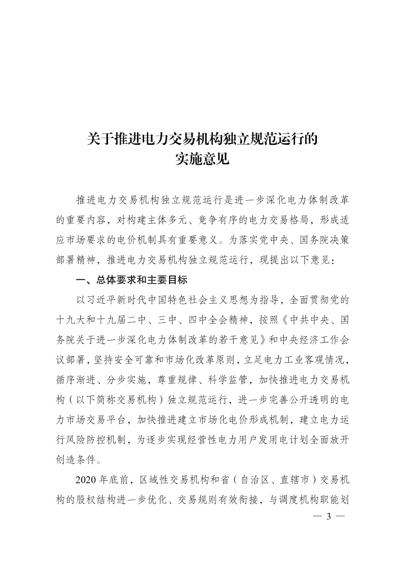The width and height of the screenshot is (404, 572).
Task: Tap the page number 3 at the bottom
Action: tap(329, 516)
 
